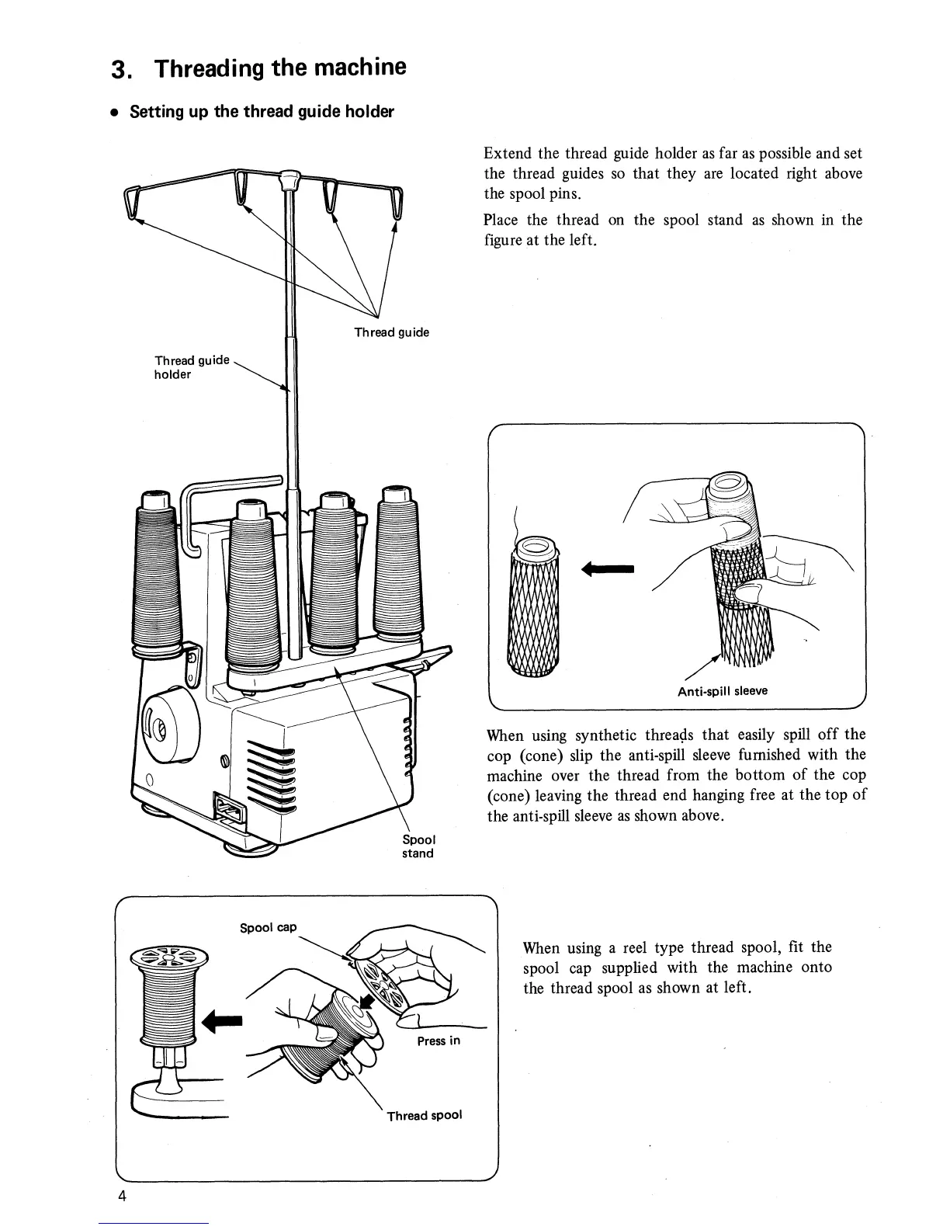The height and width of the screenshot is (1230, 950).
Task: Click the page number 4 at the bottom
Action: pos(122,1195)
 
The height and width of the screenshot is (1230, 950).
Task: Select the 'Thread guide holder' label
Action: pos(192,367)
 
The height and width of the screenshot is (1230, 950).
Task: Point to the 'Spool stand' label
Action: pos(418,846)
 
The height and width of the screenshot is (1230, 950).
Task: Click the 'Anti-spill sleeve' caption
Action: pos(722,690)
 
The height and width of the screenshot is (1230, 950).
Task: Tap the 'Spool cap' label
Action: pos(268,927)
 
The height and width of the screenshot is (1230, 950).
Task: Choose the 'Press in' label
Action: pos(439,1041)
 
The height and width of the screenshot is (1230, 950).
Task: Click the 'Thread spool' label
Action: pos(425,1115)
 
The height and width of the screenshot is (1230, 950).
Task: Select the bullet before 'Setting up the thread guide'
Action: pos(113,112)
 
